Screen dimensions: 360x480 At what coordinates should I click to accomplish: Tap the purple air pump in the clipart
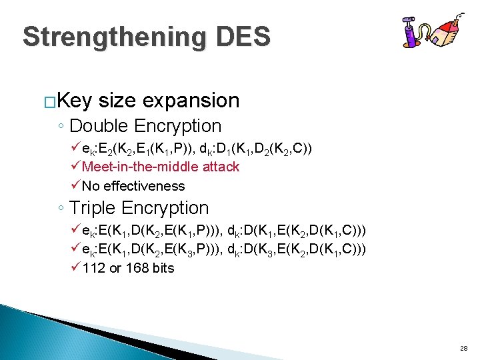409,33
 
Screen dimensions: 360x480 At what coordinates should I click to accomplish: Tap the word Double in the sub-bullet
98,126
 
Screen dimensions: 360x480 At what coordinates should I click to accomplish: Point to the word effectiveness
143,186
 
